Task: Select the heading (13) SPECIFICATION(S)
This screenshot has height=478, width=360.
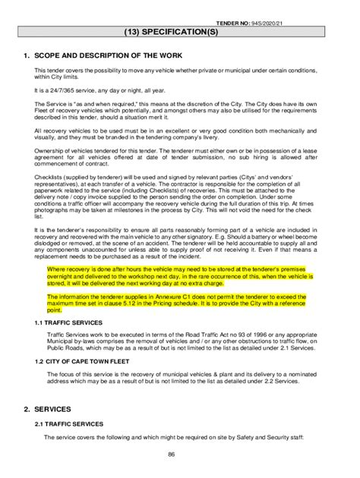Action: click(180, 33)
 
